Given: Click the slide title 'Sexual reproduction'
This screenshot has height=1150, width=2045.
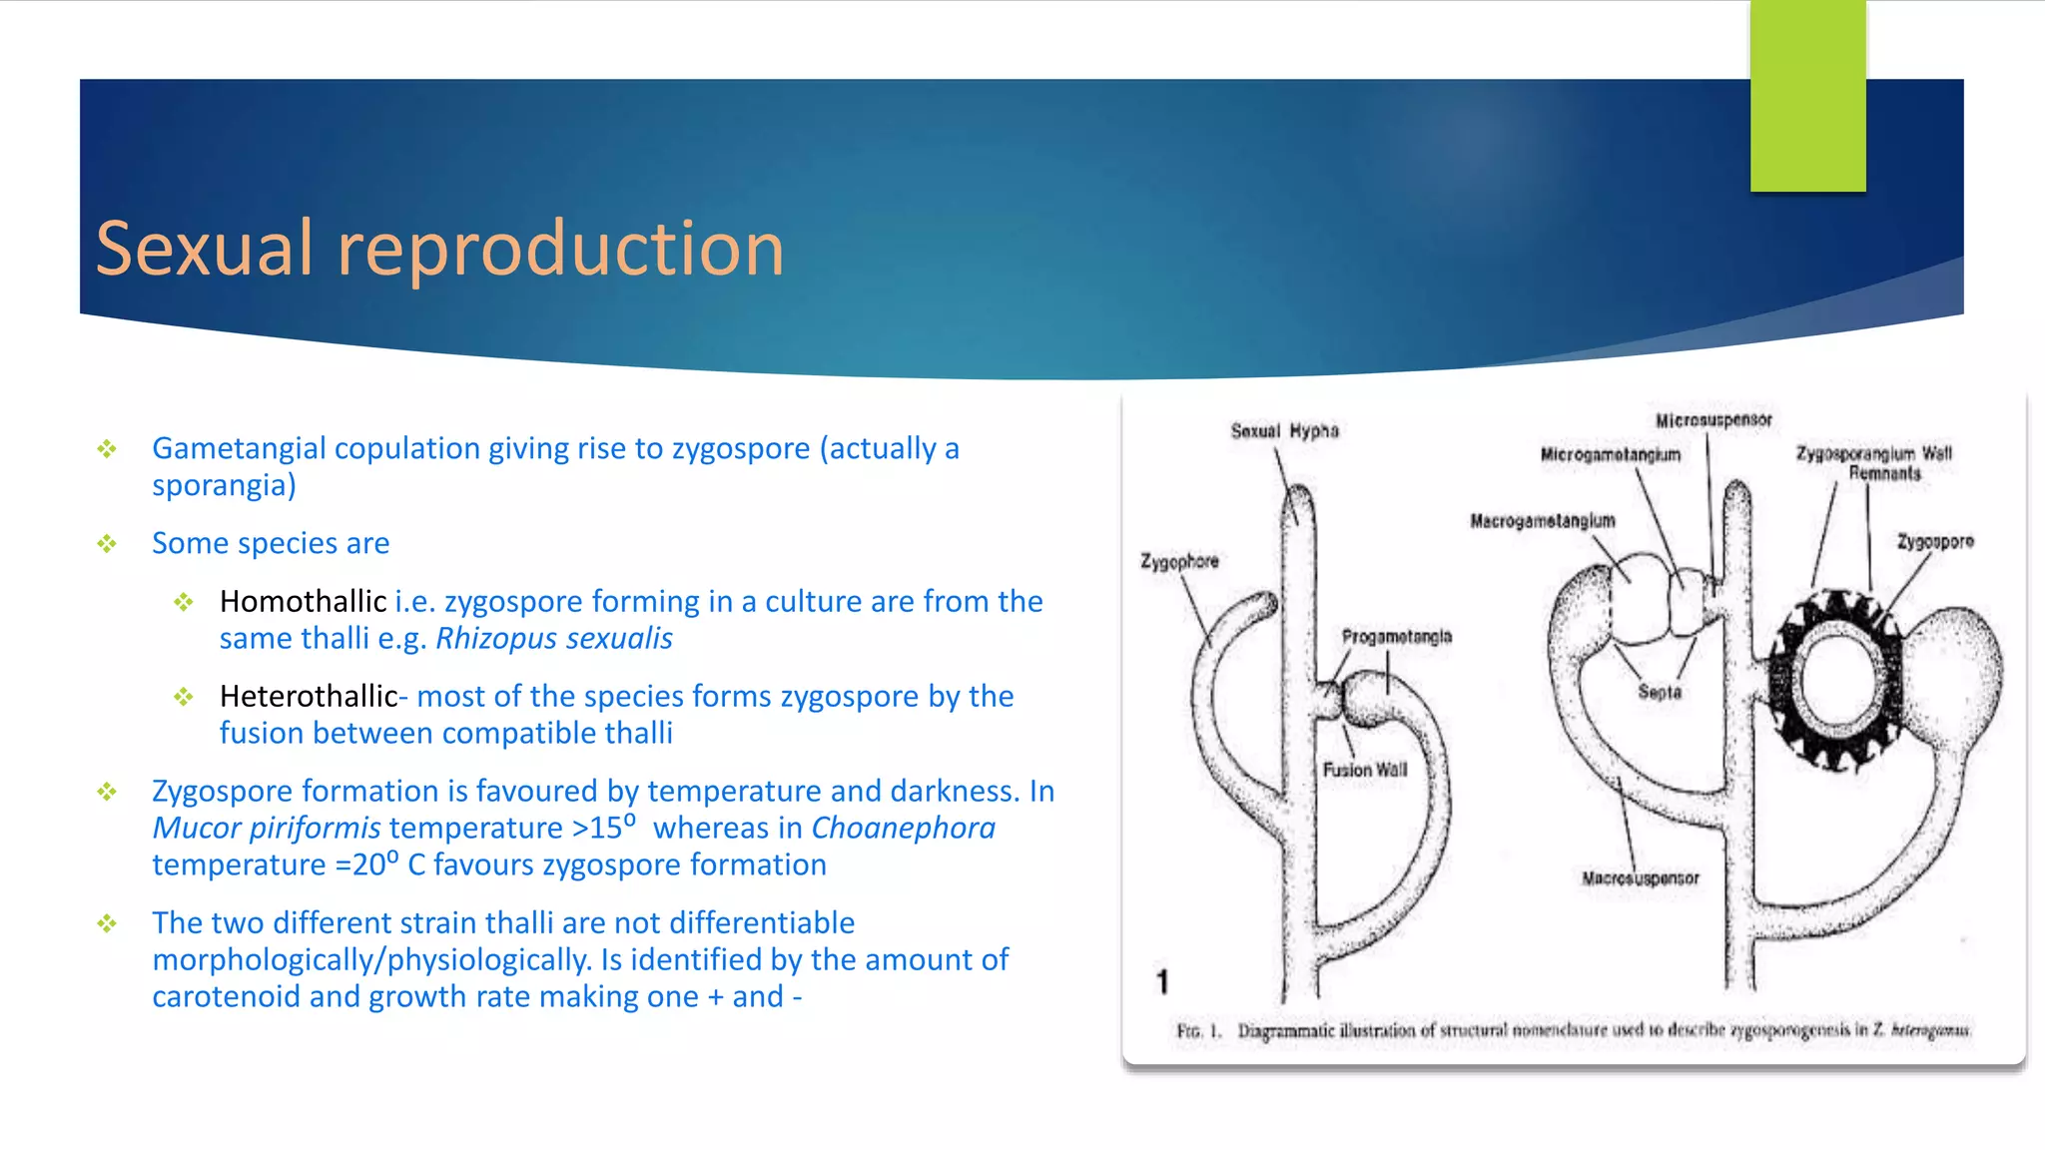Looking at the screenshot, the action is click(439, 249).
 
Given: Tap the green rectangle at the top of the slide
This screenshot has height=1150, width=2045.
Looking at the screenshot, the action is click(1807, 96).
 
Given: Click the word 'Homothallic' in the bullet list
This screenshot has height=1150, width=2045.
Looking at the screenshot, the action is click(303, 601).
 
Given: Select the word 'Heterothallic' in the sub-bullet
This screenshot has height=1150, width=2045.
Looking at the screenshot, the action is click(309, 696).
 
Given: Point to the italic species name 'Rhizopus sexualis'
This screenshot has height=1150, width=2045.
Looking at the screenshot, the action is click(554, 638).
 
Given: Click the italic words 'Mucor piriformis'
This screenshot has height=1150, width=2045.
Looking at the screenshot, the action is click(267, 828).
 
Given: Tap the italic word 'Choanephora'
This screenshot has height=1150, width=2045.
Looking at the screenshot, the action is click(903, 828).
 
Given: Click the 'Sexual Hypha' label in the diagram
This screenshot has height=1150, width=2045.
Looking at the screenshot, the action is click(1284, 431).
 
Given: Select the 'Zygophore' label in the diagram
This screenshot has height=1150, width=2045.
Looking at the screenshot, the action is click(1179, 561).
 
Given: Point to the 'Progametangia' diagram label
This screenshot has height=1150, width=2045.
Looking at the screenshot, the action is click(1396, 637).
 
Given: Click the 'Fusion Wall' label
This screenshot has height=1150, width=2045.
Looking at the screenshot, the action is click(1364, 770).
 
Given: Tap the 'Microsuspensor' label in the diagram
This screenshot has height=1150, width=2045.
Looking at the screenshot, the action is click(1713, 420).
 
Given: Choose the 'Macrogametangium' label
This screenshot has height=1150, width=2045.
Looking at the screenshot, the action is click(1542, 521).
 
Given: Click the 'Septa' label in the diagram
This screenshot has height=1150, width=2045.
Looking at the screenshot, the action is click(1659, 692).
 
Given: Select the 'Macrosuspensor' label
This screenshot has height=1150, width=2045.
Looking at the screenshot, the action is click(1640, 878).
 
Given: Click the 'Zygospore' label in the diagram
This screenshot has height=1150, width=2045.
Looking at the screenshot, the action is click(1935, 542).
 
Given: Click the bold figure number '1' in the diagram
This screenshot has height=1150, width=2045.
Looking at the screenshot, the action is click(1162, 981).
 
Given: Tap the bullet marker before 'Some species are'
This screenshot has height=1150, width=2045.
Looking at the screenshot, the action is click(107, 544).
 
